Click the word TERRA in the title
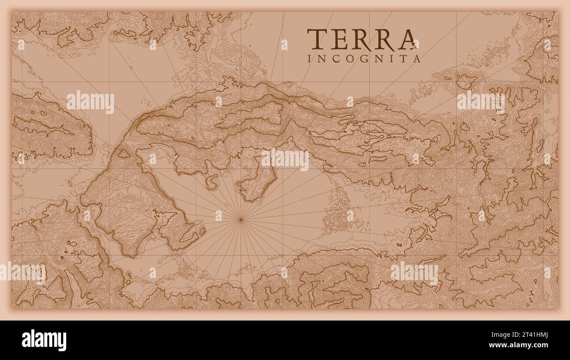pyautogui.click(x=362, y=39)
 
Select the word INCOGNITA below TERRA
pyautogui.click(x=364, y=58)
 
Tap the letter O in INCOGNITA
pyautogui.click(x=351, y=58)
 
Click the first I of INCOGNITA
pyautogui.click(x=310, y=58)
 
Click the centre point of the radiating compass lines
pyautogui.click(x=240, y=218)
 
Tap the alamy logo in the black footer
pyautogui.click(x=44, y=340)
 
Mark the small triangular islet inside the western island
pyautogui.click(x=124, y=153)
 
